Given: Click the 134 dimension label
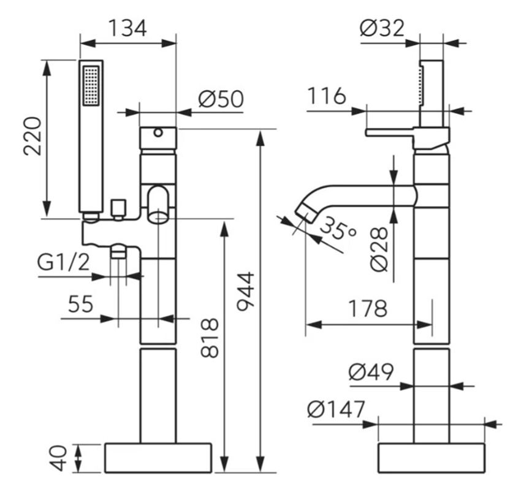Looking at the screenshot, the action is click(x=127, y=28).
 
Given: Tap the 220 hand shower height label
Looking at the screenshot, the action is click(x=32, y=136).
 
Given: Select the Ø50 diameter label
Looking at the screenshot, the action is click(x=221, y=99).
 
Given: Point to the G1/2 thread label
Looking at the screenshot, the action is click(x=64, y=262).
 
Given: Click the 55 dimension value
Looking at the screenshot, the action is click(x=80, y=304).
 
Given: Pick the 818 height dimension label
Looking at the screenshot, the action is click(x=210, y=338).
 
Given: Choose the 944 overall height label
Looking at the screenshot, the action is click(x=246, y=292).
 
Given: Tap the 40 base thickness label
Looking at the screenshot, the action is click(x=58, y=458).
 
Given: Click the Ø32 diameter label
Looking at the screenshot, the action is click(x=382, y=28).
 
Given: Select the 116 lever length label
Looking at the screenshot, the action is click(x=327, y=96).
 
